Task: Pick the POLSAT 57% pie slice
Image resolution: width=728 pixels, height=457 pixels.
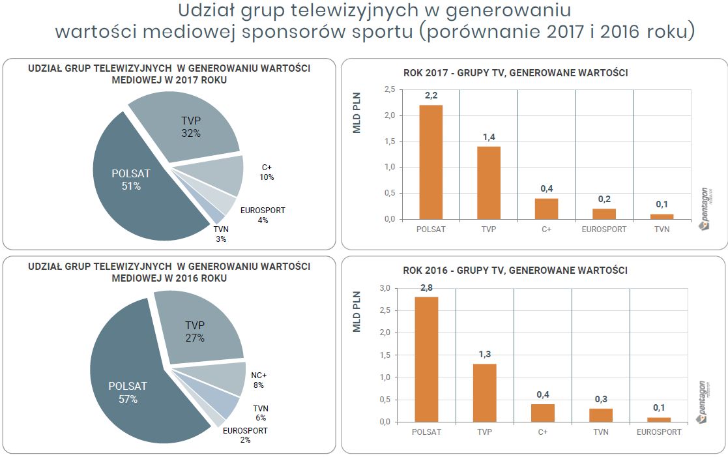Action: (130, 391)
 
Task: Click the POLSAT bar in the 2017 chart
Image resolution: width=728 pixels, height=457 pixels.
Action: (431, 162)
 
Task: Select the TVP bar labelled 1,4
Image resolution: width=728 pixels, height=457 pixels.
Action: (488, 183)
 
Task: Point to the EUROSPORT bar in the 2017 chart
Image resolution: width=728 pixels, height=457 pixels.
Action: (604, 214)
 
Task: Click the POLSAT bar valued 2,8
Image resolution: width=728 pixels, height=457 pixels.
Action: (426, 359)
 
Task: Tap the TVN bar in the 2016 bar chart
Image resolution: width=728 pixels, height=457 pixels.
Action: (600, 415)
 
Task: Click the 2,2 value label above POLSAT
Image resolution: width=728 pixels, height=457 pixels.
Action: (431, 96)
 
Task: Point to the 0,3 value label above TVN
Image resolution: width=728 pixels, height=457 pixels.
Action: (600, 399)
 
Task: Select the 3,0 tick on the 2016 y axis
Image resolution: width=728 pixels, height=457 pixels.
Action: (385, 288)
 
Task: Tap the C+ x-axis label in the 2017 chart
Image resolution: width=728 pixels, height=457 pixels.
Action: (546, 229)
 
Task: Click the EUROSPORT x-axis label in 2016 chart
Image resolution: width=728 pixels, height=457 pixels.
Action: (658, 432)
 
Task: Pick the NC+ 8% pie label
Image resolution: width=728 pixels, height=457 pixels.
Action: (259, 380)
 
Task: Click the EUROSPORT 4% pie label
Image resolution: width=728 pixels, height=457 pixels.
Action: (263, 215)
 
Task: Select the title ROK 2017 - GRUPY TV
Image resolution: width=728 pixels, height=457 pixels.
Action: (516, 73)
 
